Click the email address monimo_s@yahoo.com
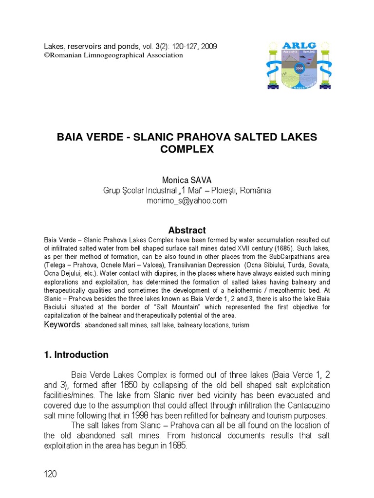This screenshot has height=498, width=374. pyautogui.click(x=187, y=201)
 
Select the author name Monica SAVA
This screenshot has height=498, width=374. pyautogui.click(x=187, y=180)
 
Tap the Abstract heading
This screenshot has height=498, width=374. pyautogui.click(x=187, y=230)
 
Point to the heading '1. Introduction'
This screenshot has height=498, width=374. pyautogui.click(x=76, y=355)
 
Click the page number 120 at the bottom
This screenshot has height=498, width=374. pyautogui.click(x=50, y=474)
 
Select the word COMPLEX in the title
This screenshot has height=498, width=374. pyautogui.click(x=187, y=149)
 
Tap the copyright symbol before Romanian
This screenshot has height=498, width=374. pyautogui.click(x=47, y=55)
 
